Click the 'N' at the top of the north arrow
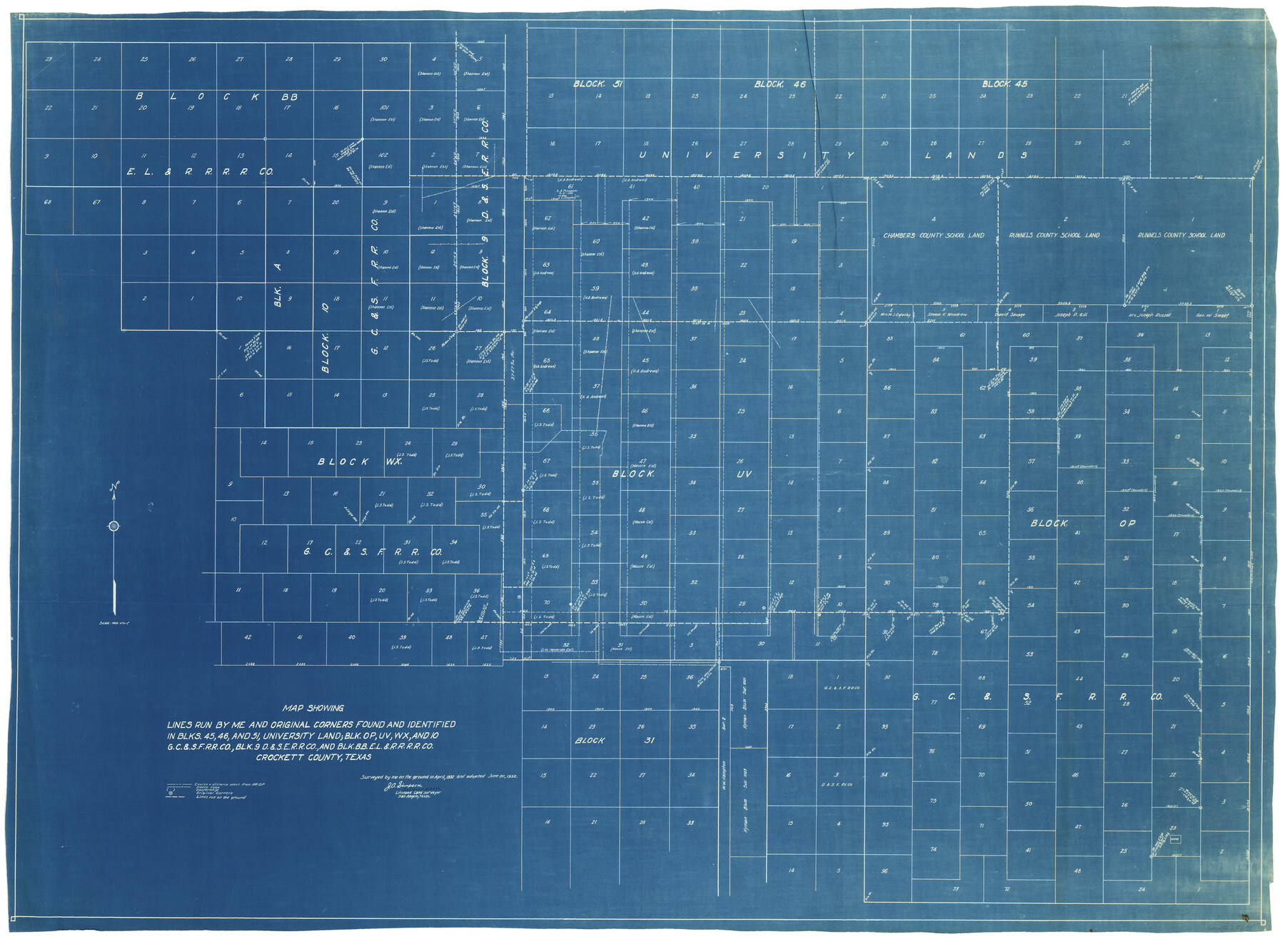point(113,487)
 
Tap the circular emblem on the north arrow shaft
point(114,527)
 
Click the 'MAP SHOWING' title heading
point(313,709)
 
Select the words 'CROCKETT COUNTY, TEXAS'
point(313,757)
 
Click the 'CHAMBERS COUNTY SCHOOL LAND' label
point(933,235)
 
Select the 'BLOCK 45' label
point(1004,84)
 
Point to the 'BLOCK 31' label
point(614,741)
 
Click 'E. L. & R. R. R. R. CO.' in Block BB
point(200,172)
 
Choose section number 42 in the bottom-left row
point(248,637)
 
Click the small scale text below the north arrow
point(114,623)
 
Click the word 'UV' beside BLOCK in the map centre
point(744,474)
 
